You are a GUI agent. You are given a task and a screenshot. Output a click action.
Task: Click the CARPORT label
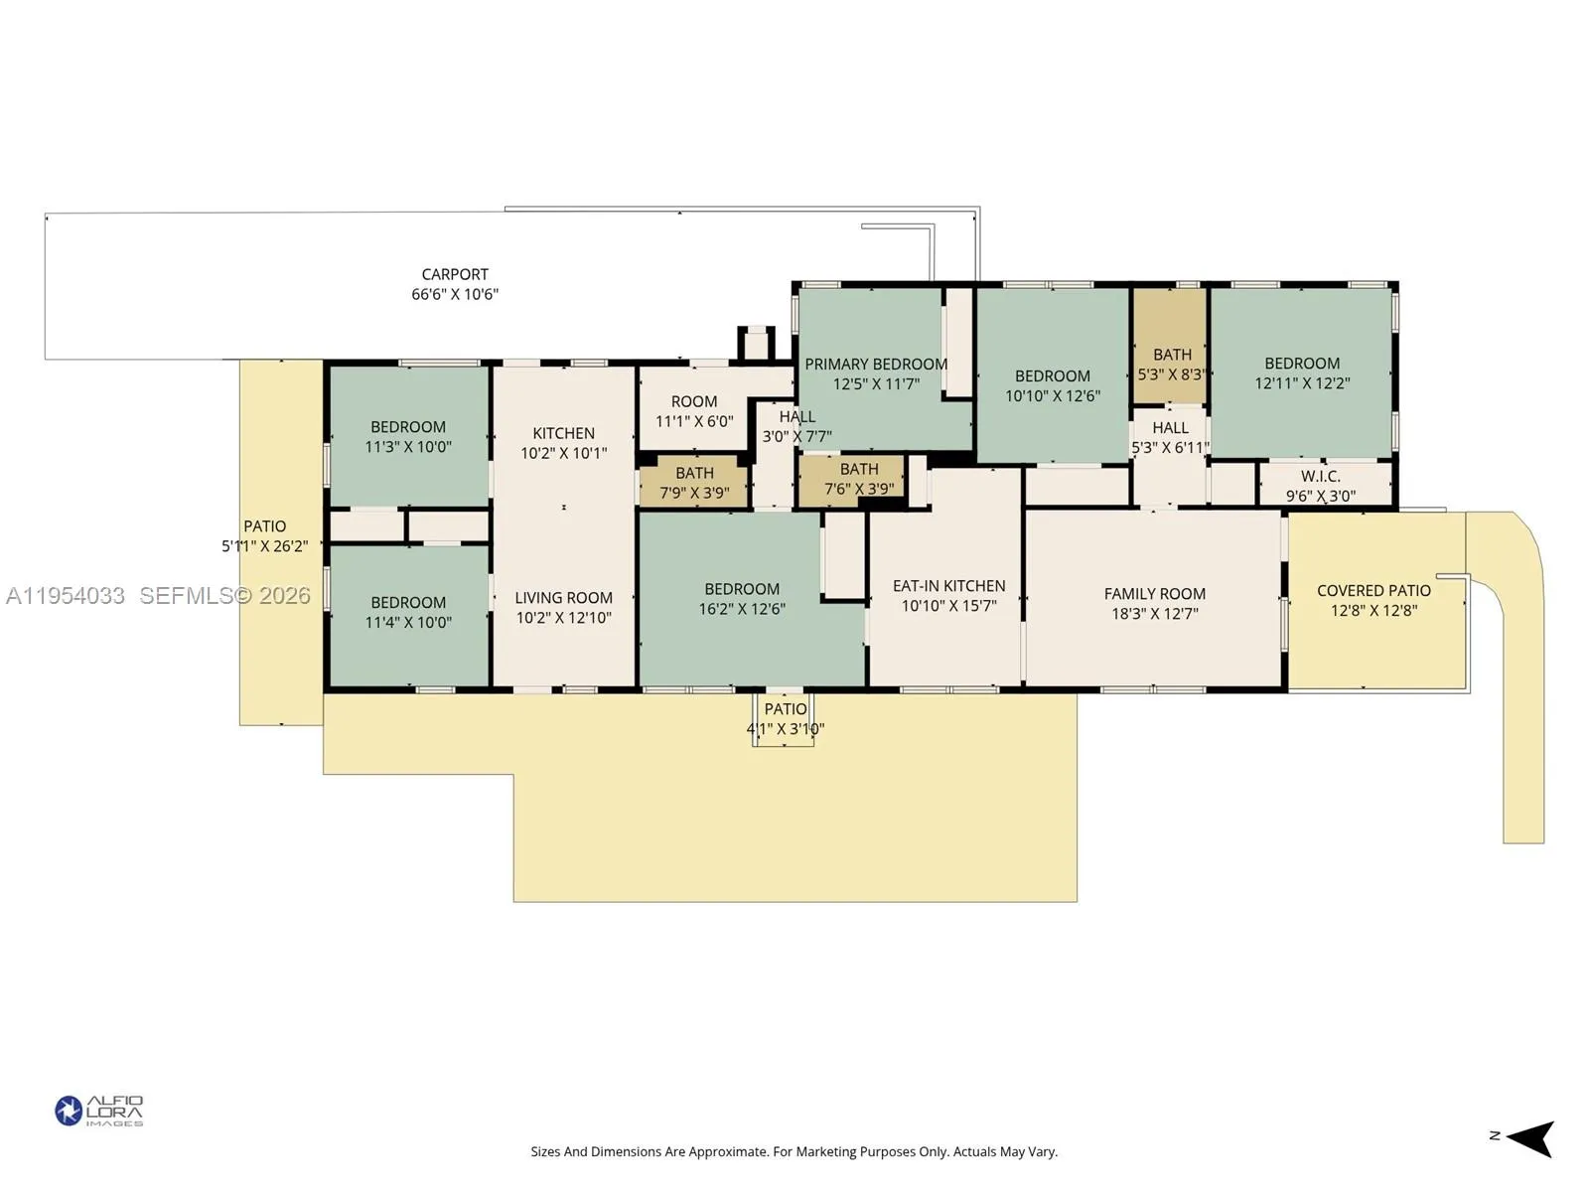tap(455, 274)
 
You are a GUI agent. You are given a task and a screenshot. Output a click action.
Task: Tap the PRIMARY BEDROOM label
tap(875, 365)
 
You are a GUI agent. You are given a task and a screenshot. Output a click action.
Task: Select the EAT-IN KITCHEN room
tap(948, 595)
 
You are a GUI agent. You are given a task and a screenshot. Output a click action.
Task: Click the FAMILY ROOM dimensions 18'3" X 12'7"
tap(1154, 614)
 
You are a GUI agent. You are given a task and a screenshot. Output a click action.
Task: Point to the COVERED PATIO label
tap(1373, 591)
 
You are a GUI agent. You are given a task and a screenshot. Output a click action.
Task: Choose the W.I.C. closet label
tap(1320, 477)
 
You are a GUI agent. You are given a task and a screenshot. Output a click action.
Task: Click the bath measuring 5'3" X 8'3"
tap(1171, 365)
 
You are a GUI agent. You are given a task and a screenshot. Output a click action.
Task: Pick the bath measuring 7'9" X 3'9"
tap(694, 483)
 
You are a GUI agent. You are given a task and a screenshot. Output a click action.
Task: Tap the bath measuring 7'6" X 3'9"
tap(858, 479)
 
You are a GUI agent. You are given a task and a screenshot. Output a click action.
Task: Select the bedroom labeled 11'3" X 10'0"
tap(408, 437)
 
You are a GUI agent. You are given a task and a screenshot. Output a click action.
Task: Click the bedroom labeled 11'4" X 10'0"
tap(408, 612)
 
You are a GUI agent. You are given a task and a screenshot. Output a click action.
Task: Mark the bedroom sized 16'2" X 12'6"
tap(742, 598)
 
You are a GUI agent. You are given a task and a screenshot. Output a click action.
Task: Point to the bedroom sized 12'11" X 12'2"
tap(1301, 372)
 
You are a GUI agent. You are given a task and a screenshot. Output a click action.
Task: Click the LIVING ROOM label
tap(563, 598)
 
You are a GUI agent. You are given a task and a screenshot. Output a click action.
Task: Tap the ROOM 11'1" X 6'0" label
tap(693, 410)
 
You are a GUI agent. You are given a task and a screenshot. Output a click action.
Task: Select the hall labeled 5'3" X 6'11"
tap(1170, 437)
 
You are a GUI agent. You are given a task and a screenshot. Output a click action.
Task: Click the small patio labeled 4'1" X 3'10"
tap(785, 718)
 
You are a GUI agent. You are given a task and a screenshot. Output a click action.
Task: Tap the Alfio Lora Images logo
tap(99, 1111)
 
